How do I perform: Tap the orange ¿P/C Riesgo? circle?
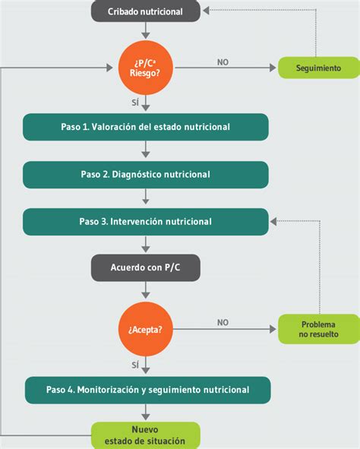coord(146,67)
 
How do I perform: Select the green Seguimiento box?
coord(319,68)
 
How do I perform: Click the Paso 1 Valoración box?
coord(146,127)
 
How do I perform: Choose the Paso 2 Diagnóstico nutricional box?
coord(146,174)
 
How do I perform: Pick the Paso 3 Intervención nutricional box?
coord(146,222)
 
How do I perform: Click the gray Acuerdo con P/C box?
coord(146,267)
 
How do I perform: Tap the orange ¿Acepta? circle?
coord(146,329)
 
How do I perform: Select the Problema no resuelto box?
coord(319,329)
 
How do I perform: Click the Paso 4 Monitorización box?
coord(146,390)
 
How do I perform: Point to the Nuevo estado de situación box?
coord(146,435)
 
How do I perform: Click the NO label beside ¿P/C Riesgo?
coord(223,62)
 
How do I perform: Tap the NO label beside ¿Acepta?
coord(223,322)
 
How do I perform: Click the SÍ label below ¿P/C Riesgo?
coord(135,100)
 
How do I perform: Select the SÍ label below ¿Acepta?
coord(135,365)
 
